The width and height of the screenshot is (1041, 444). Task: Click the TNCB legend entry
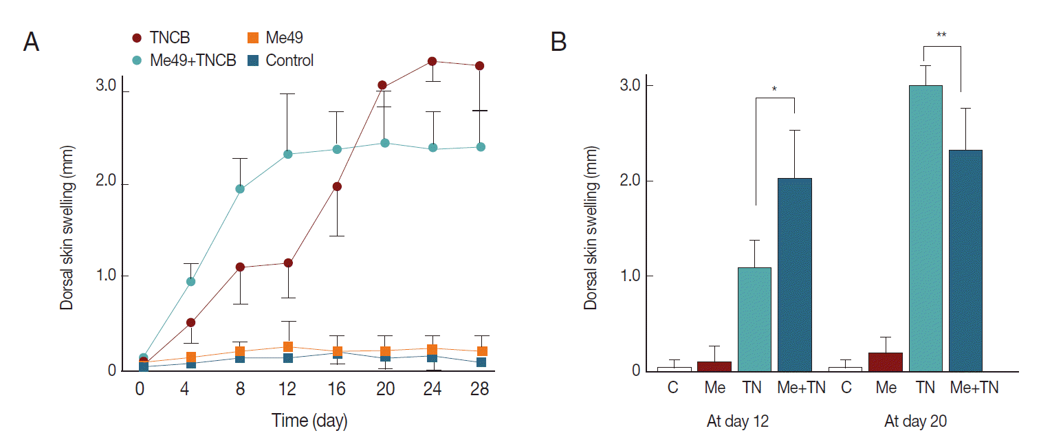pos(162,38)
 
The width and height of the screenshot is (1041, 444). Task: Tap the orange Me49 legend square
pos(252,38)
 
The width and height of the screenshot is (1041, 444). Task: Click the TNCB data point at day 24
pos(432,61)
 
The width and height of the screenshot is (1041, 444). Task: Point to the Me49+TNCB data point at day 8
pos(240,189)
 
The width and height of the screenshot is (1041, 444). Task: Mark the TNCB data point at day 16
pos(337,186)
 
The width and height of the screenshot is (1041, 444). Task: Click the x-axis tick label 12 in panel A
pos(287,389)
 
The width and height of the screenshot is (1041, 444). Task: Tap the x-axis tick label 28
pos(479,389)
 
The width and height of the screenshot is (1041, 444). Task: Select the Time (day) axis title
pos(309,421)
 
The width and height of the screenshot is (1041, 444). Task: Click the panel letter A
pos(31,43)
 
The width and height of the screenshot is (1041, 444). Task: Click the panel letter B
pos(559,43)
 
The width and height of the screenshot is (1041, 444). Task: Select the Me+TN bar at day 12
pos(795,275)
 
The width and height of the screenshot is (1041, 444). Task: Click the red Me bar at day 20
pos(886,362)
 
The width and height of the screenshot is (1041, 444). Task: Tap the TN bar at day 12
pos(754,320)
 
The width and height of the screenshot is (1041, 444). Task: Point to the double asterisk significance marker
pos(941,34)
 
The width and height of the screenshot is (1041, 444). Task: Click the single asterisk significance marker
pos(775,89)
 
